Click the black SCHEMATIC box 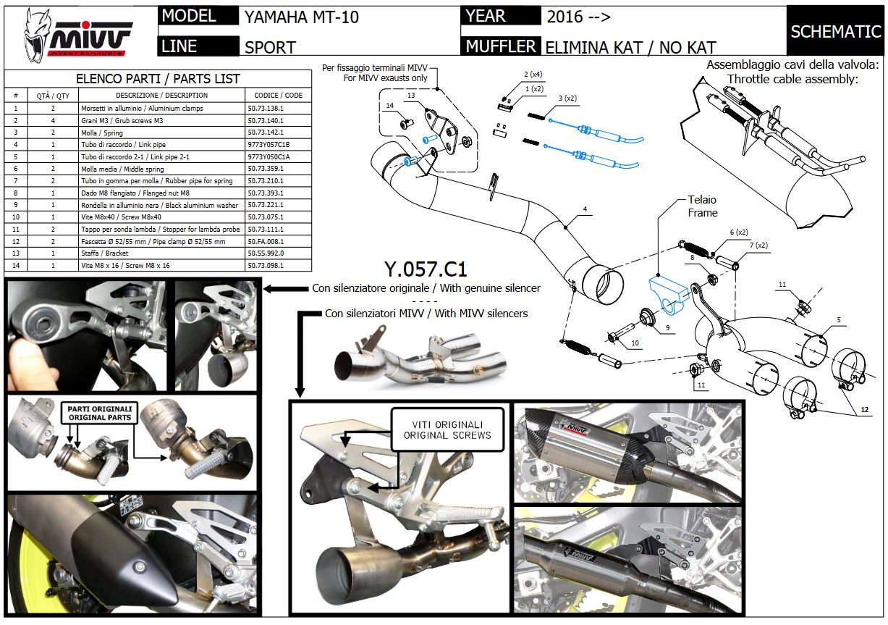[x=835, y=31]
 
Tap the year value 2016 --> [x=579, y=17]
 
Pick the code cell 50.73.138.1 [x=265, y=108]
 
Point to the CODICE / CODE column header [x=278, y=95]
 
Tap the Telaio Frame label [x=702, y=206]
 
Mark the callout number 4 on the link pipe [x=584, y=210]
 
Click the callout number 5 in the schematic [x=839, y=319]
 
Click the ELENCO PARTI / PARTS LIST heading [x=158, y=79]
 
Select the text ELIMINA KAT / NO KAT [x=630, y=48]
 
